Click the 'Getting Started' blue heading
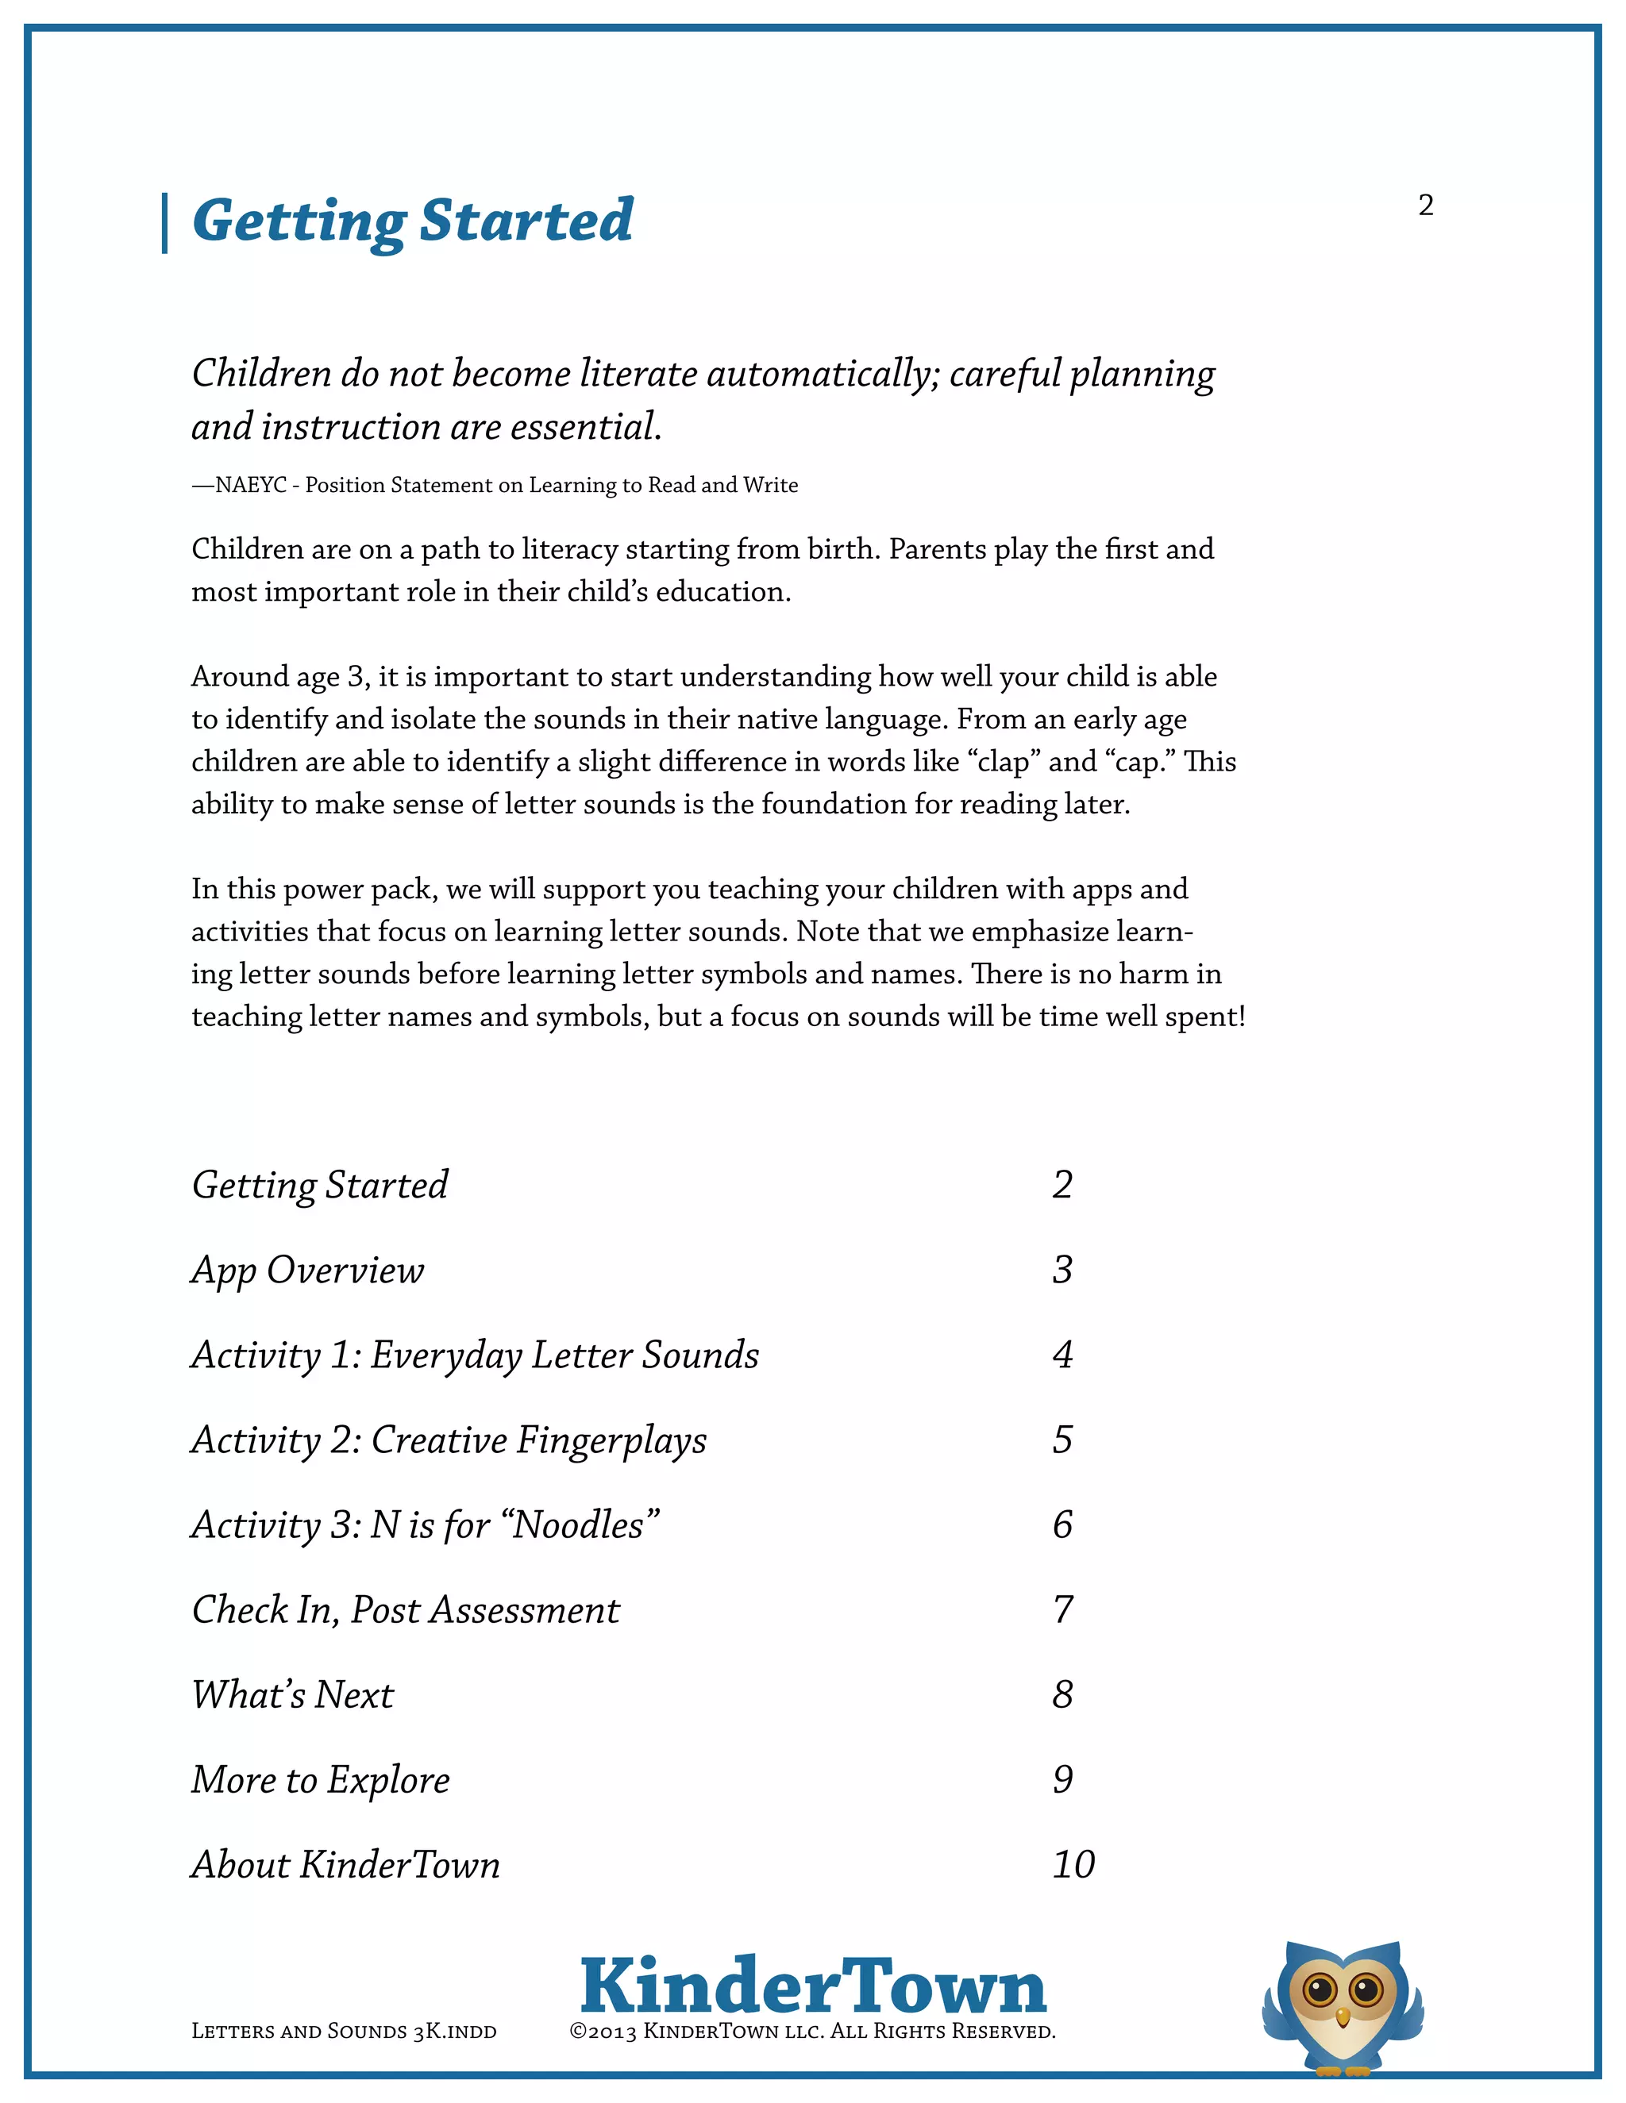[412, 221]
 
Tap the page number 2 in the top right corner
[1426, 205]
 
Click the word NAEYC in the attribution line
[250, 486]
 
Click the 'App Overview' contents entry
[307, 1270]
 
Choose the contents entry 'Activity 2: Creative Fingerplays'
[449, 1440]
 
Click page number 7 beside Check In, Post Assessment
[1062, 1610]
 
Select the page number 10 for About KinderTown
[1073, 1865]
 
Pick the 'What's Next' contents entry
[293, 1695]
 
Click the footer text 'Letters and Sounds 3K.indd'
[344, 2032]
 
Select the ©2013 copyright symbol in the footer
[578, 2032]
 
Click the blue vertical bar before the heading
[164, 224]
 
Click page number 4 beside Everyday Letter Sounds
[1062, 1355]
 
